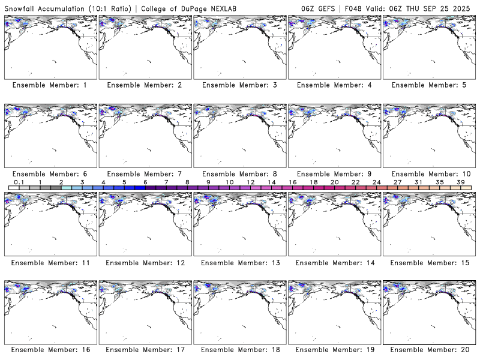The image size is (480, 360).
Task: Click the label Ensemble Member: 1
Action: click(x=50, y=85)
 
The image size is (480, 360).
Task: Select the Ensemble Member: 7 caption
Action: click(x=145, y=174)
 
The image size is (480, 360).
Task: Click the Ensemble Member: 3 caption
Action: click(x=239, y=85)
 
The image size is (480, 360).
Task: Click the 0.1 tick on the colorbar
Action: click(x=19, y=182)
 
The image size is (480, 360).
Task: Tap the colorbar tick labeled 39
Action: click(x=461, y=182)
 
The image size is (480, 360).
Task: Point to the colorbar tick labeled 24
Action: click(x=377, y=182)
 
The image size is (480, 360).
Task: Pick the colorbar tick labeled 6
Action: click(x=145, y=182)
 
